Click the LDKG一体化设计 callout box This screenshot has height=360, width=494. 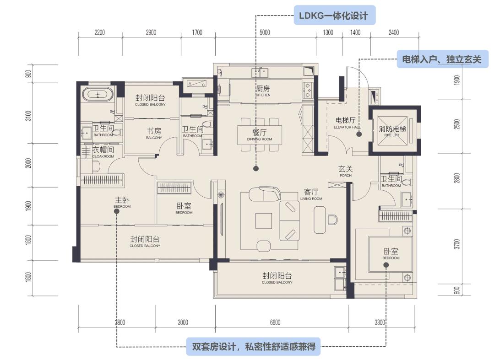tap(334, 16)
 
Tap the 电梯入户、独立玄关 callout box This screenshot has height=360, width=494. tap(442, 59)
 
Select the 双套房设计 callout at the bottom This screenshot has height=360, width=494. tap(253, 347)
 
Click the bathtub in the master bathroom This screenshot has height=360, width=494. tap(97, 95)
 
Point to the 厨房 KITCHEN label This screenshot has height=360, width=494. tap(263, 90)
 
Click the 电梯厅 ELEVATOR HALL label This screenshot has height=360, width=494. tap(345, 123)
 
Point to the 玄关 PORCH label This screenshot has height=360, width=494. tap(346, 171)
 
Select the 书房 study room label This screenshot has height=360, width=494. tap(154, 133)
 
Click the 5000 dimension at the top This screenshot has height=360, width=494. tap(265, 32)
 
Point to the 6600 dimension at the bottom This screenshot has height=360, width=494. tap(275, 322)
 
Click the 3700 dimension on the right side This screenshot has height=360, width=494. tap(456, 244)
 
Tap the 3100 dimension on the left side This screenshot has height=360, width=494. tap(28, 116)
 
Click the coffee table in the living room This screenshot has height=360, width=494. tap(263, 221)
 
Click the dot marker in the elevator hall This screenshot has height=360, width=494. tap(359, 134)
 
